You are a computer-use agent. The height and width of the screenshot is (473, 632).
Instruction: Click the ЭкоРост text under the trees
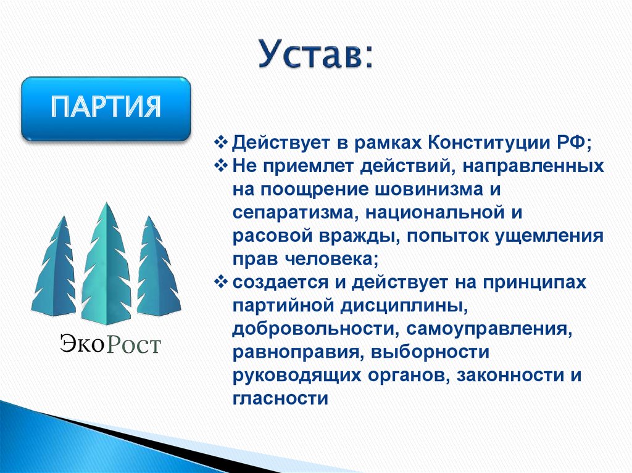click(110, 343)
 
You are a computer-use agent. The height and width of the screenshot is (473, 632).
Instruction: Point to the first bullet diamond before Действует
click(223, 143)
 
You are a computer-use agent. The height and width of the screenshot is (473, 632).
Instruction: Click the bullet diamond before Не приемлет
click(223, 167)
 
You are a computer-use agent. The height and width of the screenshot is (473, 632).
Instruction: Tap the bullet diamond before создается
click(223, 282)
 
